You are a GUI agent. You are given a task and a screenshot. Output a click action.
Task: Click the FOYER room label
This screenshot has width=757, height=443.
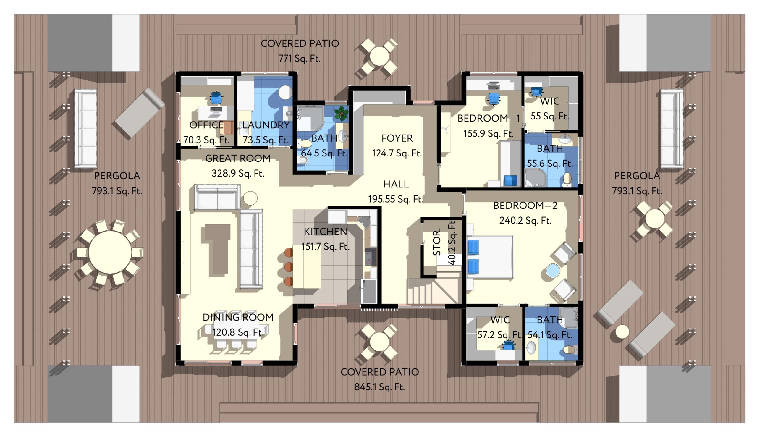pyautogui.click(x=397, y=138)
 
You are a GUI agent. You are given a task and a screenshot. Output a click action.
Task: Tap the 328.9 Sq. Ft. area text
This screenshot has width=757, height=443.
pyautogui.click(x=238, y=173)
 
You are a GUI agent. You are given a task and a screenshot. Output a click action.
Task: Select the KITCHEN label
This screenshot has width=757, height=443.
pyautogui.click(x=325, y=232)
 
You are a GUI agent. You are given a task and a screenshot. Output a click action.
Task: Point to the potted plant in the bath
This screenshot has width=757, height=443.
pyautogui.click(x=342, y=114)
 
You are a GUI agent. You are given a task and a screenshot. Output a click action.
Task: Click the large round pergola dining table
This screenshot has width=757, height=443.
pyautogui.click(x=110, y=252)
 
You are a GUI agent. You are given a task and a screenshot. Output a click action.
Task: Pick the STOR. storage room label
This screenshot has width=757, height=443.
pyautogui.click(x=437, y=242)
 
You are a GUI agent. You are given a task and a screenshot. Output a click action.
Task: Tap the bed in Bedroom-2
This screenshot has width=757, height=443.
pyautogui.click(x=490, y=257)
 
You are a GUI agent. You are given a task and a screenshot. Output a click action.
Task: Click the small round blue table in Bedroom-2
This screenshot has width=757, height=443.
pyautogui.click(x=552, y=271)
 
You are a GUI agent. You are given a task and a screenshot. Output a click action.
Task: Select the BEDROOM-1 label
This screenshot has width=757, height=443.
pyautogui.click(x=489, y=118)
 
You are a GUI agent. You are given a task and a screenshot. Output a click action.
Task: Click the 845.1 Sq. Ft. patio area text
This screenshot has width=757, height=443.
pyautogui.click(x=379, y=387)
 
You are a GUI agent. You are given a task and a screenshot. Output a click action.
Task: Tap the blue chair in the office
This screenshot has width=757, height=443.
pyautogui.click(x=216, y=98)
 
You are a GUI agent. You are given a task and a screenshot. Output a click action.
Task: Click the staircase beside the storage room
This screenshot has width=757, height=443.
pyautogui.click(x=434, y=290)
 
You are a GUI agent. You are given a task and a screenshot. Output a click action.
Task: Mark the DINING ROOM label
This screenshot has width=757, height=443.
pyautogui.click(x=238, y=317)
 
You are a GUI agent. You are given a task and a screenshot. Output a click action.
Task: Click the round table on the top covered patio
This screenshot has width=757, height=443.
pyautogui.click(x=379, y=56)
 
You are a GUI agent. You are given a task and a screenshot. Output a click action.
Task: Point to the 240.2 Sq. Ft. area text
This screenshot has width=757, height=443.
pyautogui.click(x=525, y=220)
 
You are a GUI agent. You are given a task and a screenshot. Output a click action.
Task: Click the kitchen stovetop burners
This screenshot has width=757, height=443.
pyautogui.click(x=371, y=256)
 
